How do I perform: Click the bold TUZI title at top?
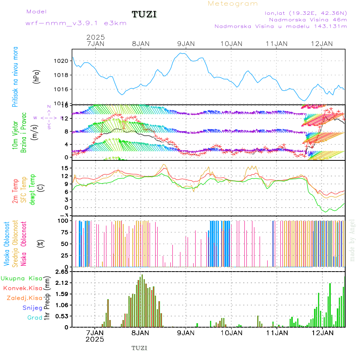[144, 14]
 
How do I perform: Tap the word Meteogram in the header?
[233, 4]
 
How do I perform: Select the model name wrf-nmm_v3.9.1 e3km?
[76, 23]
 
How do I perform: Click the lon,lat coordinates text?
[306, 13]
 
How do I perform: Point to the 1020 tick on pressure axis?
[62, 61]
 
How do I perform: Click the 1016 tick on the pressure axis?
[62, 89]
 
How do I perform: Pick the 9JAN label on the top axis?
[186, 44]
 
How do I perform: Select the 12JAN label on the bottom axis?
[322, 332]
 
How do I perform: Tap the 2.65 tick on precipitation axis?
[63, 272]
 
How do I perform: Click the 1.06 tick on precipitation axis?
[63, 305]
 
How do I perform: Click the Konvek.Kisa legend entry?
[23, 288]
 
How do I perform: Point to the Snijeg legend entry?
[32, 308]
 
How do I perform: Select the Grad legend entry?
[34, 318]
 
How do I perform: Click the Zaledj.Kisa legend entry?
[24, 298]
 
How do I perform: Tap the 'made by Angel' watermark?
[352, 240]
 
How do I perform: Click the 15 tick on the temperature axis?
[65, 168]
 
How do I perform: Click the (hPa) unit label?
[37, 76]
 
